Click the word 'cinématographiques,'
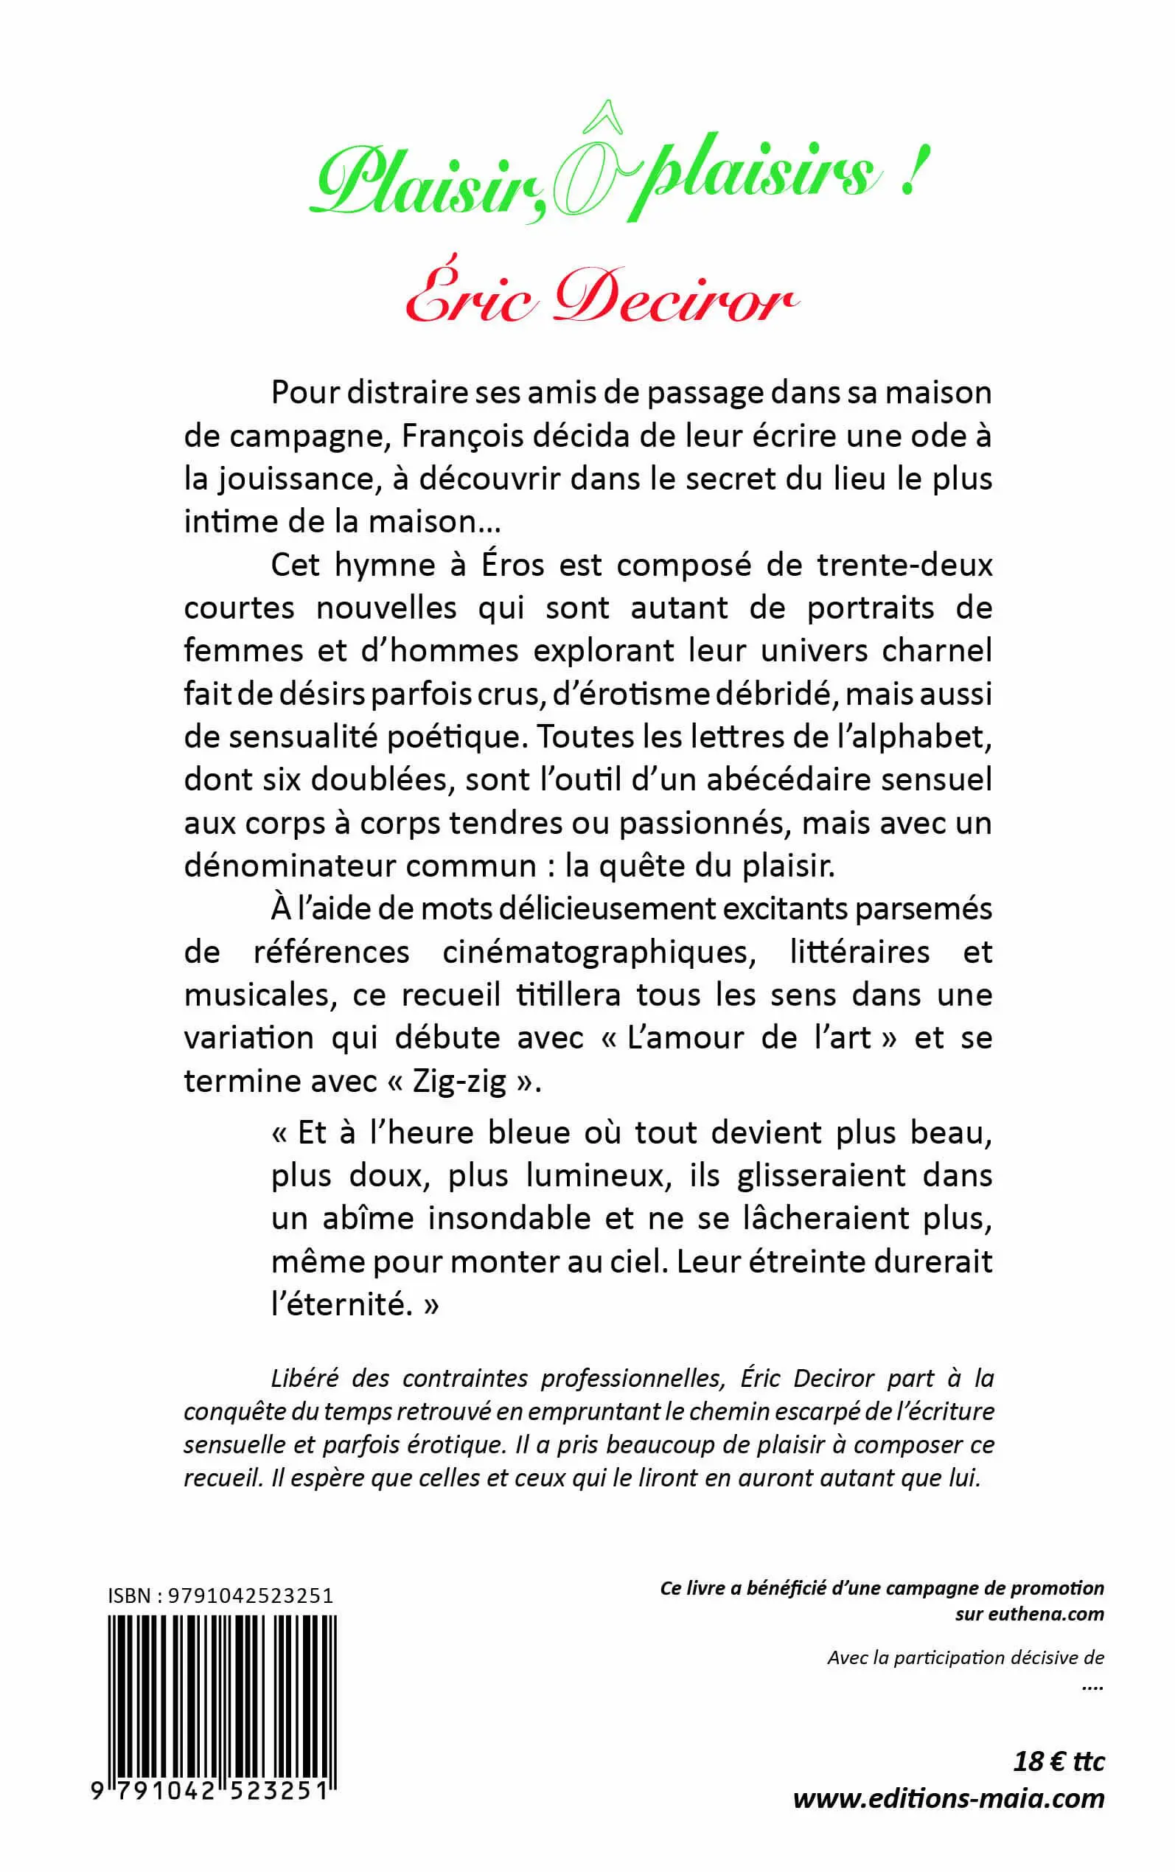pos(599,952)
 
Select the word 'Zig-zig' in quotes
pos(459,1082)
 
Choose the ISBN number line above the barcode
pos(220,1596)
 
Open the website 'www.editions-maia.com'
pos(948,1798)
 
